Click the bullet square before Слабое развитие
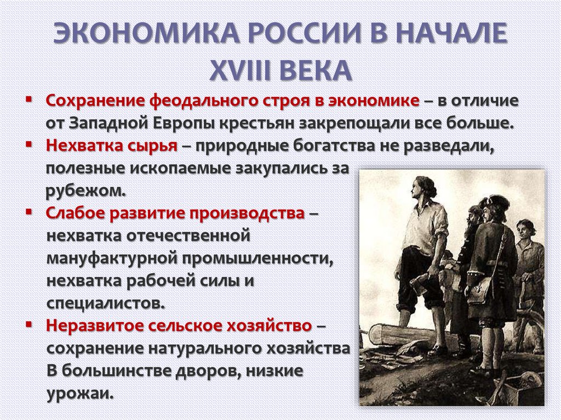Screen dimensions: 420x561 click(x=28, y=211)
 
